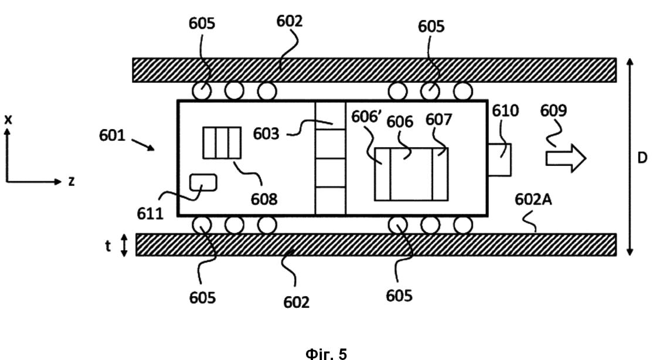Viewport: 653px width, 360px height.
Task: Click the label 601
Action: click(x=112, y=135)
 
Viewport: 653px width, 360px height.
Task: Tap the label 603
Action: click(x=266, y=134)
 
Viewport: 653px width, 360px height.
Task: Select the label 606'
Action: click(x=366, y=117)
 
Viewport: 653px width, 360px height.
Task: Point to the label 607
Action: click(x=438, y=120)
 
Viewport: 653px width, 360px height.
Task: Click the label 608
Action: click(x=264, y=199)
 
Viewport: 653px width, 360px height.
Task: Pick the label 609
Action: click(x=553, y=110)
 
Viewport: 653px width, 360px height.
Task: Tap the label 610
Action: click(x=505, y=111)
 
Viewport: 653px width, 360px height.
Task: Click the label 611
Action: click(x=150, y=213)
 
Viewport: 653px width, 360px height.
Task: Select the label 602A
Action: click(x=533, y=199)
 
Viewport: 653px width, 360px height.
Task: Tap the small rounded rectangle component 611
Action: click(x=203, y=182)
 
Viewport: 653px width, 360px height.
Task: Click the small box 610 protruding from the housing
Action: click(x=499, y=159)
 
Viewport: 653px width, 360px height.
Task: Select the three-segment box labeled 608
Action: click(x=222, y=142)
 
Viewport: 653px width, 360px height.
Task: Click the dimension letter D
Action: click(x=642, y=158)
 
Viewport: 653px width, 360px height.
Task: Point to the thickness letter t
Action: click(x=108, y=246)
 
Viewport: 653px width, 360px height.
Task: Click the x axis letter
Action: click(x=8, y=120)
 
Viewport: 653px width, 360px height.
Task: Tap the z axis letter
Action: click(x=71, y=181)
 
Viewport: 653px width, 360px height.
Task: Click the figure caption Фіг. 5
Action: click(x=326, y=354)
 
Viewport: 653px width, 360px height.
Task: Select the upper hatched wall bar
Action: click(x=375, y=70)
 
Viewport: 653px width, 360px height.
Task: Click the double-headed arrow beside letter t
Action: click(x=124, y=246)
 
